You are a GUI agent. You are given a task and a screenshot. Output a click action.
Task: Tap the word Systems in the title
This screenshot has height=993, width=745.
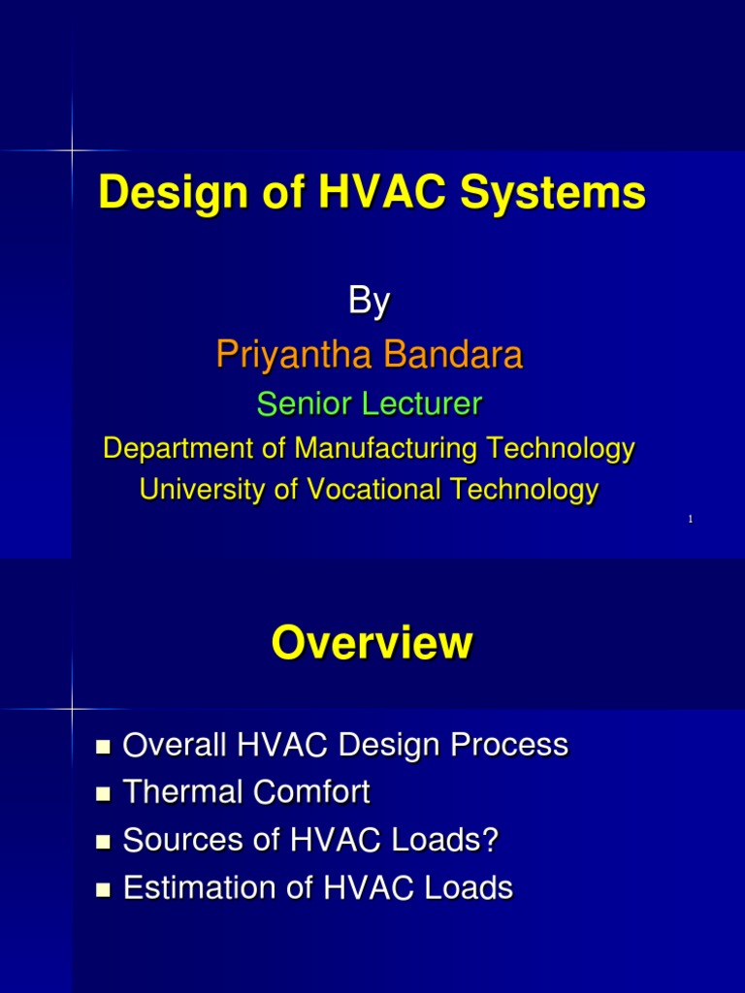553,193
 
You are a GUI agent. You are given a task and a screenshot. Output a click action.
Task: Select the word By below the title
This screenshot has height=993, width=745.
369,302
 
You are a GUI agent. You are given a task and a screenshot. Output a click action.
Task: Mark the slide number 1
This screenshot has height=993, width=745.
690,521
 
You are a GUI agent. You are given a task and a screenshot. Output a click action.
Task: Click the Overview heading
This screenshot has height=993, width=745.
372,642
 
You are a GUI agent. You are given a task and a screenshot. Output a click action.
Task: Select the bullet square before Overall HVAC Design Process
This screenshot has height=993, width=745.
105,747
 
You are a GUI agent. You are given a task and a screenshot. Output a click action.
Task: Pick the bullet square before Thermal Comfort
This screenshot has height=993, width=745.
105,794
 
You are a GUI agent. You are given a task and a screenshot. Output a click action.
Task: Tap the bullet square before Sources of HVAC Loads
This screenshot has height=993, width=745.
105,842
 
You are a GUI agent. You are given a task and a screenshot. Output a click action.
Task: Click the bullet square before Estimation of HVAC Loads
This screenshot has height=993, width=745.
105,889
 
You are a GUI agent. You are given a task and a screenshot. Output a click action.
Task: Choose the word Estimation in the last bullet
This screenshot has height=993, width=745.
195,887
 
